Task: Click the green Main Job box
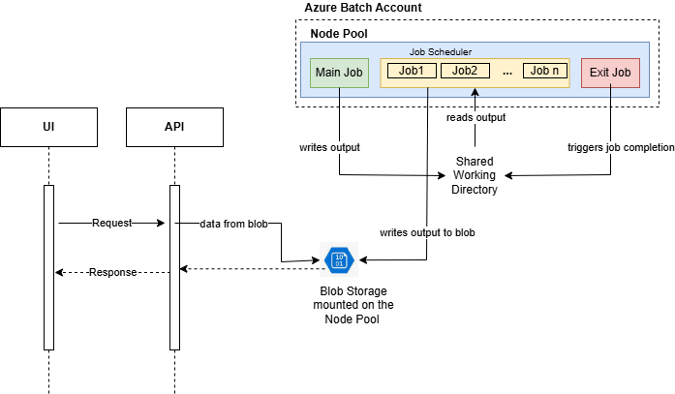(x=340, y=72)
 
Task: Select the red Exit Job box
(x=610, y=72)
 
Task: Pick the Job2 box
(x=464, y=71)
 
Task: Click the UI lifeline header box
(x=48, y=127)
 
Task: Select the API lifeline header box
(x=175, y=127)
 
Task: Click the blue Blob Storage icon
(x=339, y=260)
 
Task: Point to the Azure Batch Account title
(x=362, y=8)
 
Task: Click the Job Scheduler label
(x=440, y=51)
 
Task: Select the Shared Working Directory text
(x=475, y=175)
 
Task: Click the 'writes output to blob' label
(x=426, y=232)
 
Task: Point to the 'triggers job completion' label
(x=620, y=148)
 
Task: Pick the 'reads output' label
(x=476, y=117)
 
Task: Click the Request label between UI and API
(x=111, y=223)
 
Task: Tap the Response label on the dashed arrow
(x=113, y=272)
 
